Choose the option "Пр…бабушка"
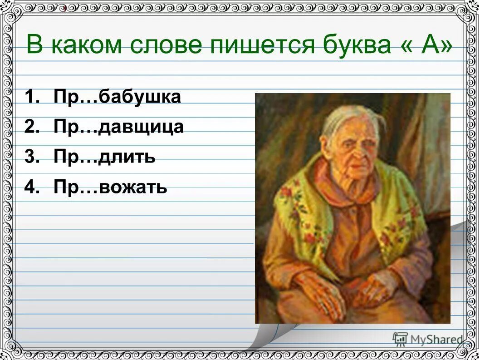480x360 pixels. (117, 97)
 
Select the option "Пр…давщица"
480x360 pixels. (118, 127)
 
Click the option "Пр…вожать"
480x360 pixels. (110, 187)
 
